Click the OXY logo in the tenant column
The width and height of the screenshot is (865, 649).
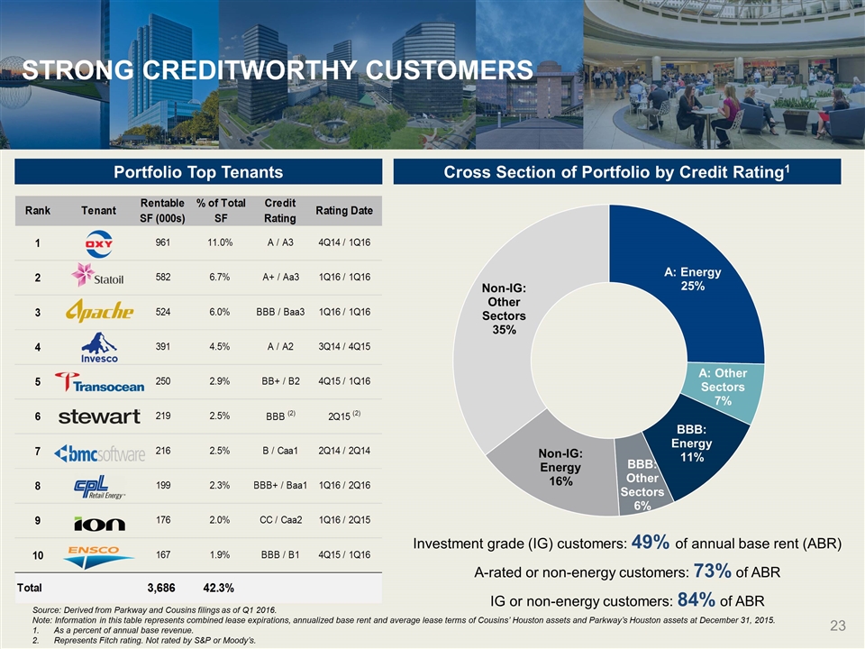point(99,244)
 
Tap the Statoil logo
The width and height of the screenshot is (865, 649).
point(97,276)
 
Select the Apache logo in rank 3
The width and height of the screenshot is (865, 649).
point(99,311)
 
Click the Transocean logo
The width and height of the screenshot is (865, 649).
point(99,382)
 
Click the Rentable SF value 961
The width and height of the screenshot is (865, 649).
point(163,242)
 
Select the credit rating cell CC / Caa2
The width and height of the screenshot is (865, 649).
point(280,520)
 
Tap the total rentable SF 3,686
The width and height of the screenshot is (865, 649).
point(161,588)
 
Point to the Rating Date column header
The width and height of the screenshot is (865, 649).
point(344,210)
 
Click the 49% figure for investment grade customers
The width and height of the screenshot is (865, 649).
point(651,542)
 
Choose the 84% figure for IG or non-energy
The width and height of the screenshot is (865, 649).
point(697,599)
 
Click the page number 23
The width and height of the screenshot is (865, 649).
point(838,626)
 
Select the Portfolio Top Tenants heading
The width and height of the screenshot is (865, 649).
point(198,172)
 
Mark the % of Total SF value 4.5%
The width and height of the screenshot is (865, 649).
point(220,346)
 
